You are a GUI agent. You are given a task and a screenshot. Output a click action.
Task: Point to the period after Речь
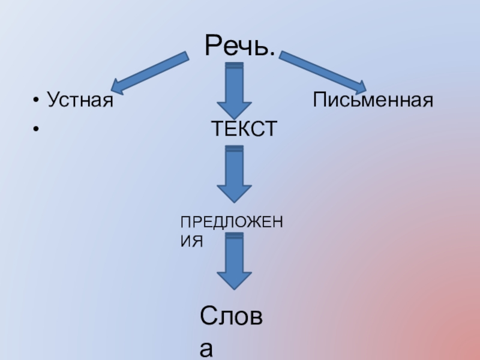(x=272, y=55)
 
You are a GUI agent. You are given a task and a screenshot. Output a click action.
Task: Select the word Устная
(x=80, y=100)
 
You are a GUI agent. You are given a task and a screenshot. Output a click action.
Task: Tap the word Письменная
(x=372, y=100)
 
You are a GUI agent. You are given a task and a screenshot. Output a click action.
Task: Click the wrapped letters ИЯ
(x=193, y=241)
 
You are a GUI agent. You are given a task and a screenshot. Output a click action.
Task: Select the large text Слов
(x=234, y=317)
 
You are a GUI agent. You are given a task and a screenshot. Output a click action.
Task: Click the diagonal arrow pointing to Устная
(x=150, y=73)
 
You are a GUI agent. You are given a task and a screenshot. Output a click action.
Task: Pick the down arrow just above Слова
(x=234, y=261)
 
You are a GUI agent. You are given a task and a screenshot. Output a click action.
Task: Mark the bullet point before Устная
(x=37, y=100)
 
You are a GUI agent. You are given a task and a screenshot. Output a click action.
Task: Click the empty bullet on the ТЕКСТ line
(x=37, y=129)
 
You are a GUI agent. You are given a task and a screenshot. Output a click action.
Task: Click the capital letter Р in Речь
(x=214, y=46)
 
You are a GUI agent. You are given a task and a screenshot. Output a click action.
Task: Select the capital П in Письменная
(x=319, y=100)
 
